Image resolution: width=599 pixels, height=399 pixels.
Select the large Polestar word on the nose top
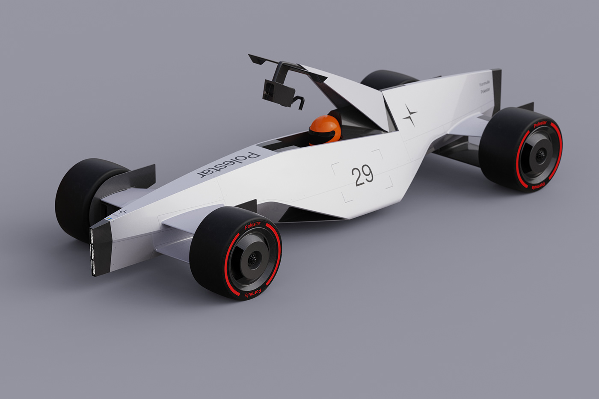click(228, 165)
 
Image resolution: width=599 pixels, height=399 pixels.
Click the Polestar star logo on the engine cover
click(409, 115)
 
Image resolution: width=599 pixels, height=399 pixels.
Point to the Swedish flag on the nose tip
click(109, 219)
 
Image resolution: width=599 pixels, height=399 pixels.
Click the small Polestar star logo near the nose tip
click(123, 212)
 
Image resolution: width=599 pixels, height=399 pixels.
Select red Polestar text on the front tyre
click(252, 226)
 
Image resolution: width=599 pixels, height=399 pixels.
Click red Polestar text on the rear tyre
click(540, 124)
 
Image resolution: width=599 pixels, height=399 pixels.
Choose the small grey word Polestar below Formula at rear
click(485, 91)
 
